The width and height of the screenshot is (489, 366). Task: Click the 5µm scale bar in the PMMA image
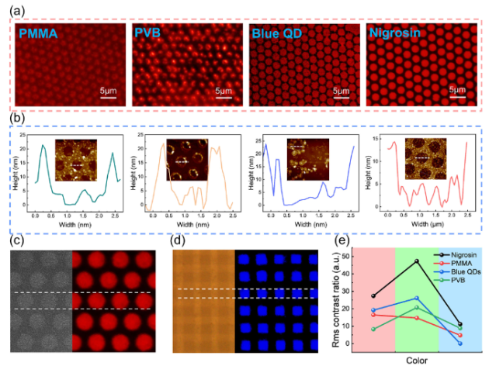[x=108, y=94]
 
